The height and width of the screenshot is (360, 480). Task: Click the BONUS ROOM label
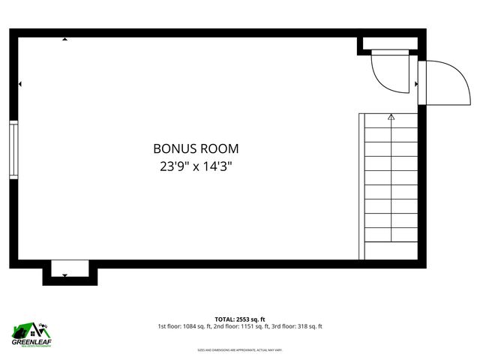pos(196,148)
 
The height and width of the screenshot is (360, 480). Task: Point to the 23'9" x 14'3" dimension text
pos(196,166)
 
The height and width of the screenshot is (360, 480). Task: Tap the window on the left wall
pos(13,150)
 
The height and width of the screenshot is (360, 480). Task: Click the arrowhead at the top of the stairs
pos(391,117)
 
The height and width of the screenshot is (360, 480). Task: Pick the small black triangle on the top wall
pos(65,39)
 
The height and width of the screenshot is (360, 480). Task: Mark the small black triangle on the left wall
pos(20,84)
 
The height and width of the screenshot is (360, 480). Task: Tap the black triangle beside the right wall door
pos(415,84)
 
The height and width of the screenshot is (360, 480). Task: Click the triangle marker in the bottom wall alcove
pos(65,275)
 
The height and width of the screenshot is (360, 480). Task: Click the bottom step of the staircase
pos(391,250)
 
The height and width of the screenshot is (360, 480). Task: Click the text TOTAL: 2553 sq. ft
pos(239,318)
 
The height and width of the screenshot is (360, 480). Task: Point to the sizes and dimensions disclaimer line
pos(239,350)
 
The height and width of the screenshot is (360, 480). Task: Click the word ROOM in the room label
pos(220,148)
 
